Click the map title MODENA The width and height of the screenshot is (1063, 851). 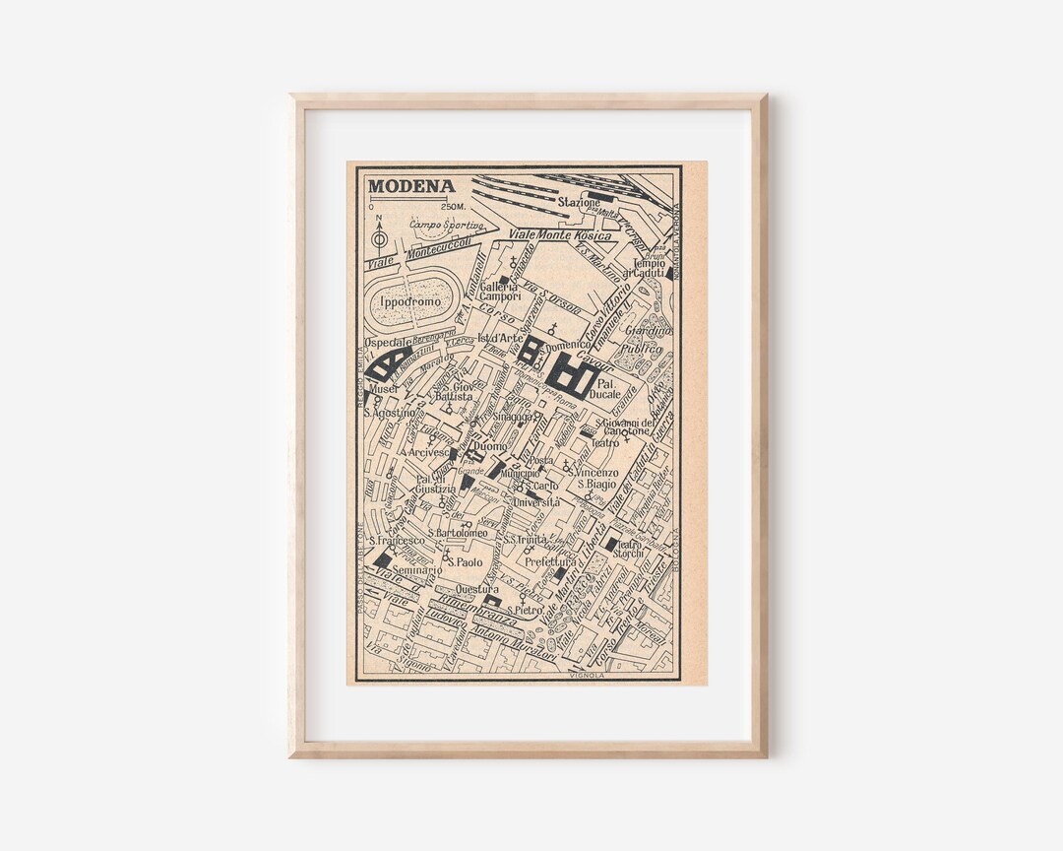(410, 186)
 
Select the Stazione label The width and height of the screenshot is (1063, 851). (578, 203)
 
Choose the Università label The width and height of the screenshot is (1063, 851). (536, 502)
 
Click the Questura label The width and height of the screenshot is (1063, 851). (477, 589)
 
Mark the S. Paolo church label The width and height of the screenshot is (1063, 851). (467, 562)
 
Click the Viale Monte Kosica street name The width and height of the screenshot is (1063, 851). (563, 235)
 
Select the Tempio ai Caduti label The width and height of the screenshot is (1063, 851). (649, 268)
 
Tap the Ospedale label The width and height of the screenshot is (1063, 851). (388, 342)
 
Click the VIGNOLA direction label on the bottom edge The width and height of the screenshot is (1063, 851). (586, 676)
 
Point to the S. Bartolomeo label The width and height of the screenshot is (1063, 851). (456, 533)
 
